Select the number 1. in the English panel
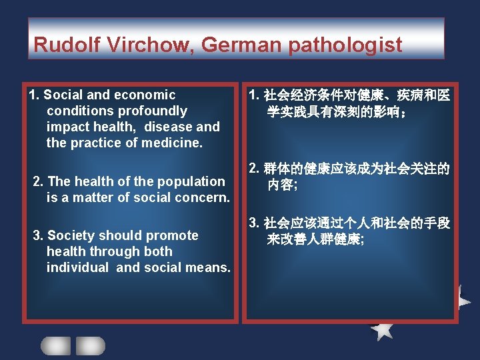point(35,95)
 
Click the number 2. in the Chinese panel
point(254,168)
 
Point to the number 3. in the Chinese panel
point(254,223)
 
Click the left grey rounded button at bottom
point(55,345)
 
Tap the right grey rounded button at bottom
point(90,345)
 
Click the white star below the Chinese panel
point(382,329)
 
